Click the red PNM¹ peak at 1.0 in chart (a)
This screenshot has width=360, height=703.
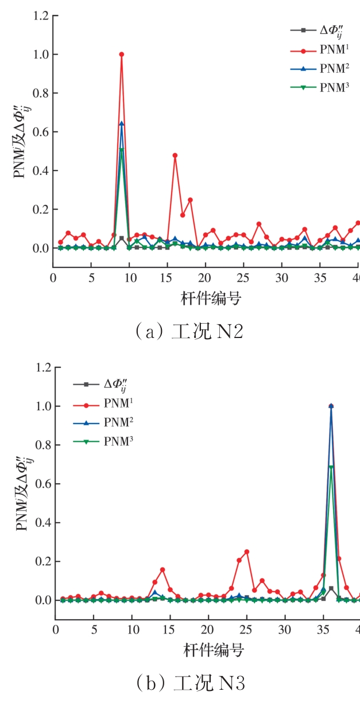[x=122, y=55]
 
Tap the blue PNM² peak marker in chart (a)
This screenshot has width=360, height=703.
[x=122, y=123]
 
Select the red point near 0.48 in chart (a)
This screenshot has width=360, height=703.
[x=175, y=155]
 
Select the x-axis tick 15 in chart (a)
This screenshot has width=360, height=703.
[x=167, y=278]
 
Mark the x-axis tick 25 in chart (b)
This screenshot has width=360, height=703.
[x=246, y=630]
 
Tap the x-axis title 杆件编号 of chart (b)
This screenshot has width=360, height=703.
[x=214, y=650]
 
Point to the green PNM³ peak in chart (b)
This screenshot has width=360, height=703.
[x=331, y=467]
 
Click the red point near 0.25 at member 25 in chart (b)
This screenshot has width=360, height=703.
[x=246, y=552]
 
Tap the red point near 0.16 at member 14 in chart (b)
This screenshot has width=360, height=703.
[x=162, y=570]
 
